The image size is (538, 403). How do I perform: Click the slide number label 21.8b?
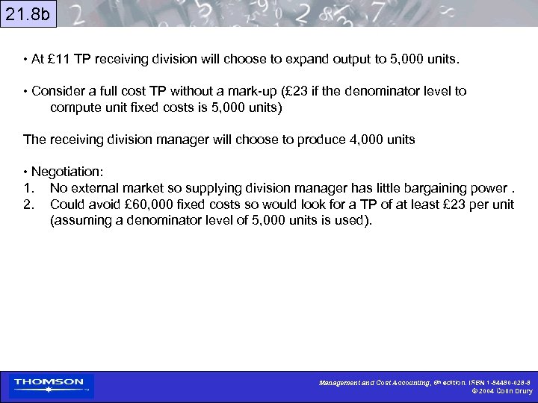(x=28, y=13)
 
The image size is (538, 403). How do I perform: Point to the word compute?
(x=75, y=107)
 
